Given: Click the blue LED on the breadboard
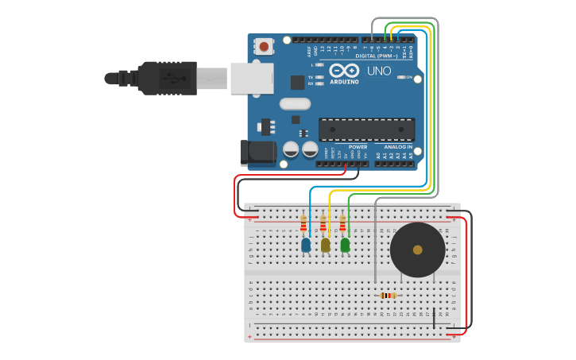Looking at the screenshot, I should (306, 246).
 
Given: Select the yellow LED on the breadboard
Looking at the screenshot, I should (325, 246).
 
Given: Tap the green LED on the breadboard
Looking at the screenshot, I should (345, 246).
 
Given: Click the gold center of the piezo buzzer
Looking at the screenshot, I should (417, 250).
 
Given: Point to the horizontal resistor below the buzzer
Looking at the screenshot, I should (388, 296).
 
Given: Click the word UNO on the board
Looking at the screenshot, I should (379, 71).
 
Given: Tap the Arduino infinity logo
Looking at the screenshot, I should (344, 70).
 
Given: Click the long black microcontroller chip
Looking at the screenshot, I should (366, 130).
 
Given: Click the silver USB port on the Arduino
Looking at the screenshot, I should (252, 79).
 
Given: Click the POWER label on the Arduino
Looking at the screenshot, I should (358, 147).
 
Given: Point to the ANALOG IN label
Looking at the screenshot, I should (398, 147).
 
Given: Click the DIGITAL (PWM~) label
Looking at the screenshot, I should (377, 56).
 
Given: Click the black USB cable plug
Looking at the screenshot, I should (167, 78).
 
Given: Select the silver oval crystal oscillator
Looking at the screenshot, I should (295, 103).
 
